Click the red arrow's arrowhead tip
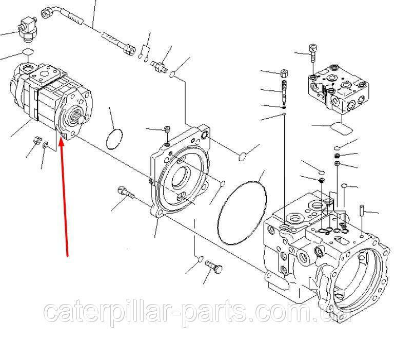tap(61, 138)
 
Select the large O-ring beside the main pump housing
tap(242, 213)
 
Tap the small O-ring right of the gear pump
tap(114, 139)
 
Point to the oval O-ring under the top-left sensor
tap(28, 52)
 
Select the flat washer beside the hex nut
tap(46, 145)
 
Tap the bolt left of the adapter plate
tap(126, 193)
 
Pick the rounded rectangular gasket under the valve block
tap(342, 128)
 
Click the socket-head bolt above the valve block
tap(313, 53)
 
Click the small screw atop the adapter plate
tap(167, 130)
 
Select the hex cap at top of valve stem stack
tap(284, 73)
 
